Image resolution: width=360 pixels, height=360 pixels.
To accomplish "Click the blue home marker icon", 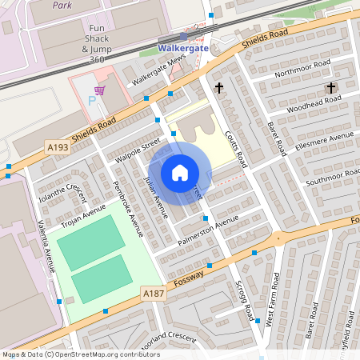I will [180, 173].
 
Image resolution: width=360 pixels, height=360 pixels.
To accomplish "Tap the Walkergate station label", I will [183, 47].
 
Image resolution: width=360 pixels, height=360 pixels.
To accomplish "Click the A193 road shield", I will [58, 147].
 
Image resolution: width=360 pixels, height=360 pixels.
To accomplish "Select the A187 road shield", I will [154, 294].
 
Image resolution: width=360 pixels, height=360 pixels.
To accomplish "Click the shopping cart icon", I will [99, 90].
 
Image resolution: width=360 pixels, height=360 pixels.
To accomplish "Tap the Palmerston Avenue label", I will [209, 226].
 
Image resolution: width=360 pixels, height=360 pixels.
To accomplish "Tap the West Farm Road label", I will [274, 297].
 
